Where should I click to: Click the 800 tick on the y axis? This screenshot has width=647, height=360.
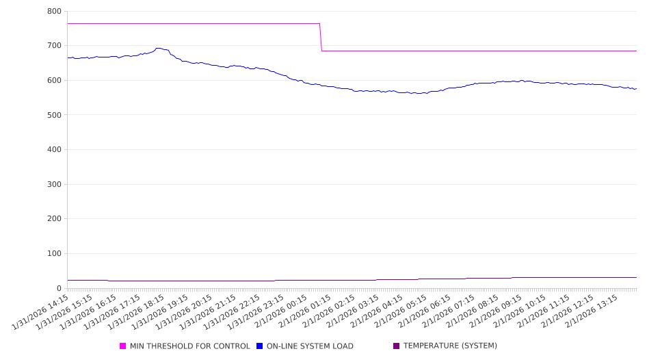pyautogui.click(x=55, y=12)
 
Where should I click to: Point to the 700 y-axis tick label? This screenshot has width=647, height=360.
pyautogui.click(x=55, y=46)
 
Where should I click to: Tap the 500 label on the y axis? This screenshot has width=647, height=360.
pyautogui.click(x=55, y=115)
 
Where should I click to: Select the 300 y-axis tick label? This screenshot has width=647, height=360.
pyautogui.click(x=55, y=184)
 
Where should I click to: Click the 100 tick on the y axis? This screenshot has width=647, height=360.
pyautogui.click(x=55, y=254)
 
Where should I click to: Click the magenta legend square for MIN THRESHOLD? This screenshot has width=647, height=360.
pyautogui.click(x=123, y=346)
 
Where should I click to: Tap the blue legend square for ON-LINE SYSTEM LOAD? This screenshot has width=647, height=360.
pyautogui.click(x=260, y=346)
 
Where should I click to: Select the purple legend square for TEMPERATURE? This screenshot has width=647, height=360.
pyautogui.click(x=397, y=346)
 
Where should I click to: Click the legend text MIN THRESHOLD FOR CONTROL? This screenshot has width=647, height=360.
pyautogui.click(x=189, y=346)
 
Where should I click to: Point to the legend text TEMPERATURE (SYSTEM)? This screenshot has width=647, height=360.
pyautogui.click(x=450, y=346)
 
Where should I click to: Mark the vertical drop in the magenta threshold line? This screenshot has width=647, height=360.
pyautogui.click(x=321, y=38)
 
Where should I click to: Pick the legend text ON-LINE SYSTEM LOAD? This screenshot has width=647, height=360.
pyautogui.click(x=310, y=346)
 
